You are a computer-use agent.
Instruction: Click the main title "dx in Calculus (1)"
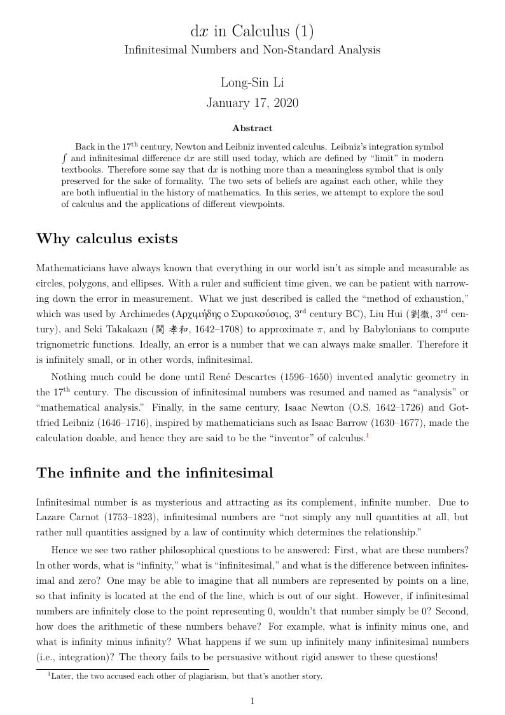pyautogui.click(x=252, y=31)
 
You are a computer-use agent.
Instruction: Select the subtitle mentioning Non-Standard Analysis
pyautogui.click(x=252, y=50)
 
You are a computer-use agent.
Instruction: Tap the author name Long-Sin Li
pyautogui.click(x=252, y=82)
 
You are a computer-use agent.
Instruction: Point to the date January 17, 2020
pyautogui.click(x=252, y=103)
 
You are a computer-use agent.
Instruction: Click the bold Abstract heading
pyautogui.click(x=252, y=128)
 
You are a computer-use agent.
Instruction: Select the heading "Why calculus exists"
pyautogui.click(x=107, y=239)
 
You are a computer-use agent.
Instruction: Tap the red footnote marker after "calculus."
pyautogui.click(x=368, y=435)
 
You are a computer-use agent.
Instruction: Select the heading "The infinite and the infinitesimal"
pyautogui.click(x=155, y=472)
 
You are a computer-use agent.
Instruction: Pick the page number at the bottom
pyautogui.click(x=253, y=702)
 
